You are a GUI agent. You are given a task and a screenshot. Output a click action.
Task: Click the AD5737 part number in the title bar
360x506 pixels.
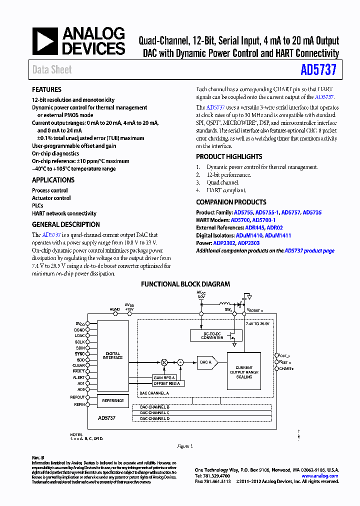318,70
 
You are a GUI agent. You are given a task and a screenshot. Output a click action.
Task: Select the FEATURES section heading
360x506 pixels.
46,90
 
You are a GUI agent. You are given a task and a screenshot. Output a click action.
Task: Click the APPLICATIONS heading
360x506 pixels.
53,180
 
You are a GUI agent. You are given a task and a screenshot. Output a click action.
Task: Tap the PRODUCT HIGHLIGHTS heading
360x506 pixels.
229,156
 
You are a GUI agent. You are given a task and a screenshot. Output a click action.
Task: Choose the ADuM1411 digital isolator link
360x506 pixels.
278,235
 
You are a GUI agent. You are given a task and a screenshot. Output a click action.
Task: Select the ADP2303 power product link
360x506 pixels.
248,243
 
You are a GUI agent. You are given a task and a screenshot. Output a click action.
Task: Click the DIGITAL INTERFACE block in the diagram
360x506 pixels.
112,355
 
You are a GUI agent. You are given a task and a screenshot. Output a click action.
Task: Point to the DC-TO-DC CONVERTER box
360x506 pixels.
212,336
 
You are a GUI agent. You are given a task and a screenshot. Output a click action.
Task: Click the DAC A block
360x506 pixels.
206,362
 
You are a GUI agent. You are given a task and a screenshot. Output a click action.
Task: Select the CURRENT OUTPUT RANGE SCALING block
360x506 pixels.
244,372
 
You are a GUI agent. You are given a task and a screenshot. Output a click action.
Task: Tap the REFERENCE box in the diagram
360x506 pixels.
113,400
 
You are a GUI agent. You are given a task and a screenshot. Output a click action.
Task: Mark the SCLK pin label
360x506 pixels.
80,342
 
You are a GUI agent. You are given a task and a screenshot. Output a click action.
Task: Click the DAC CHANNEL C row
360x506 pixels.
154,413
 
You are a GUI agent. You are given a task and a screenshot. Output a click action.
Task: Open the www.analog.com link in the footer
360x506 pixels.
321,476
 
